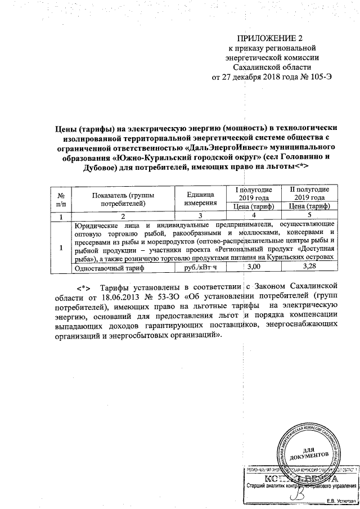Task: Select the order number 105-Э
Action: pyautogui.click(x=326, y=76)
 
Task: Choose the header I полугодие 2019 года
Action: pyautogui.click(x=254, y=193)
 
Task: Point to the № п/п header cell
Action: pyautogui.click(x=61, y=198)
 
